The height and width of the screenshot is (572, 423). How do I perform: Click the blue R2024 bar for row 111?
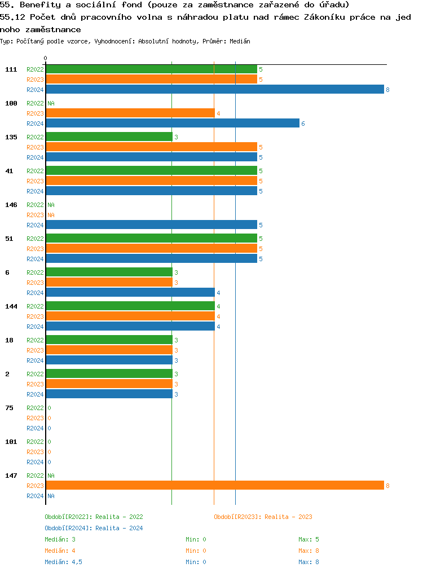click(x=214, y=90)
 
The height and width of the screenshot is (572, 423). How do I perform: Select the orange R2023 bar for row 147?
click(x=214, y=486)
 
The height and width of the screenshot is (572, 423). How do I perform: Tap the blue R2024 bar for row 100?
click(x=172, y=124)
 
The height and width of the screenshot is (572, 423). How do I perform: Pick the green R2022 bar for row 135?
click(x=109, y=137)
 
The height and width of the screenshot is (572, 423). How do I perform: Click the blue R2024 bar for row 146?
click(x=151, y=225)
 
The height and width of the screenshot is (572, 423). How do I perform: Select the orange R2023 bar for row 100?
click(x=130, y=113)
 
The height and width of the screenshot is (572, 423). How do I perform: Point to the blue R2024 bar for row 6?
click(x=130, y=293)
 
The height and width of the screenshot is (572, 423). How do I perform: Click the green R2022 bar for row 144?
click(x=130, y=306)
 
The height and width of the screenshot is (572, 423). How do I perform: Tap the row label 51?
click(x=9, y=239)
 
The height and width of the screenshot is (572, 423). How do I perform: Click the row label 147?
click(x=11, y=476)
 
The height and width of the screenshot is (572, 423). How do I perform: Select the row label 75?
click(x=9, y=408)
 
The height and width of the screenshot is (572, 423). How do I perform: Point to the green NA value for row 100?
click(x=51, y=103)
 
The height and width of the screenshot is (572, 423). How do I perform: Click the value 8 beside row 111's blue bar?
click(x=387, y=90)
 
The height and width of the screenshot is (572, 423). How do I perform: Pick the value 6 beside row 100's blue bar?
click(x=303, y=124)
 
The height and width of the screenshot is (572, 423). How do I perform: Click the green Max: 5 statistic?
click(x=309, y=539)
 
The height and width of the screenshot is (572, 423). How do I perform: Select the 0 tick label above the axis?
click(x=46, y=58)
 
